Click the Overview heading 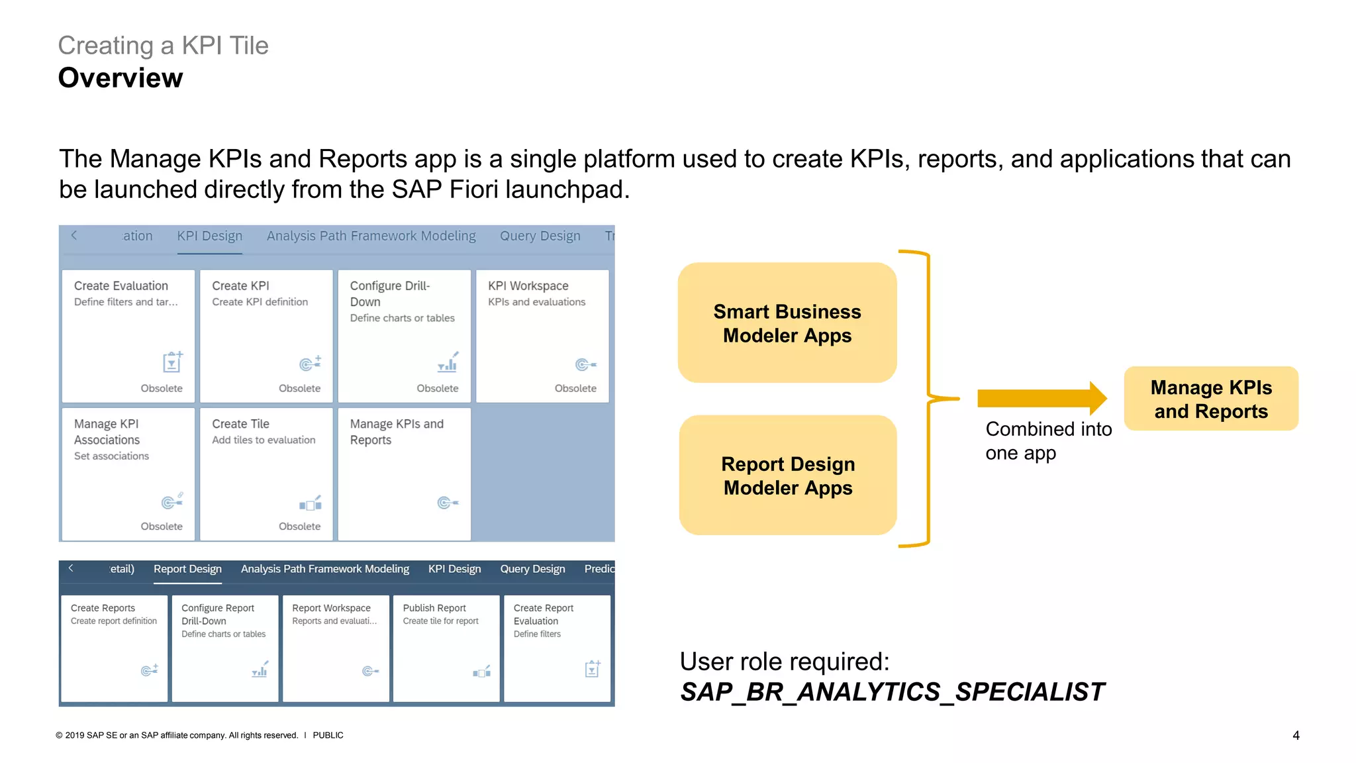coord(120,78)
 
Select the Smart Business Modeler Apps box coord(787,323)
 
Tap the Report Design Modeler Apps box coord(787,476)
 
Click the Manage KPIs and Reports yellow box coord(1210,399)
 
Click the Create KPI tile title coord(240,285)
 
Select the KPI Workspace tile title coord(528,285)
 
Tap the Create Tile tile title coord(240,424)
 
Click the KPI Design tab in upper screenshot coord(209,236)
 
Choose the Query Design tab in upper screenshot coord(540,236)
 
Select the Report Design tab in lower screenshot coord(187,569)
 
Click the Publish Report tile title coord(434,608)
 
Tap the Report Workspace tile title coord(331,608)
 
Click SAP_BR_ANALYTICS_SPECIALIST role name coord(892,691)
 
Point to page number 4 coord(1296,735)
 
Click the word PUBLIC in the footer coord(328,735)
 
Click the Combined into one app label coord(1047,441)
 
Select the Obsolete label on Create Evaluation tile coord(162,388)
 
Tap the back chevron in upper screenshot coord(74,235)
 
